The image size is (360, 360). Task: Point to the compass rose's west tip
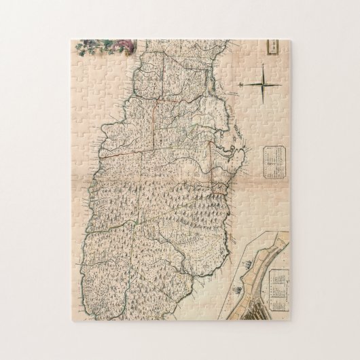tap(240, 84)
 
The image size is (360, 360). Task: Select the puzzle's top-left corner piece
tap(77, 48)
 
